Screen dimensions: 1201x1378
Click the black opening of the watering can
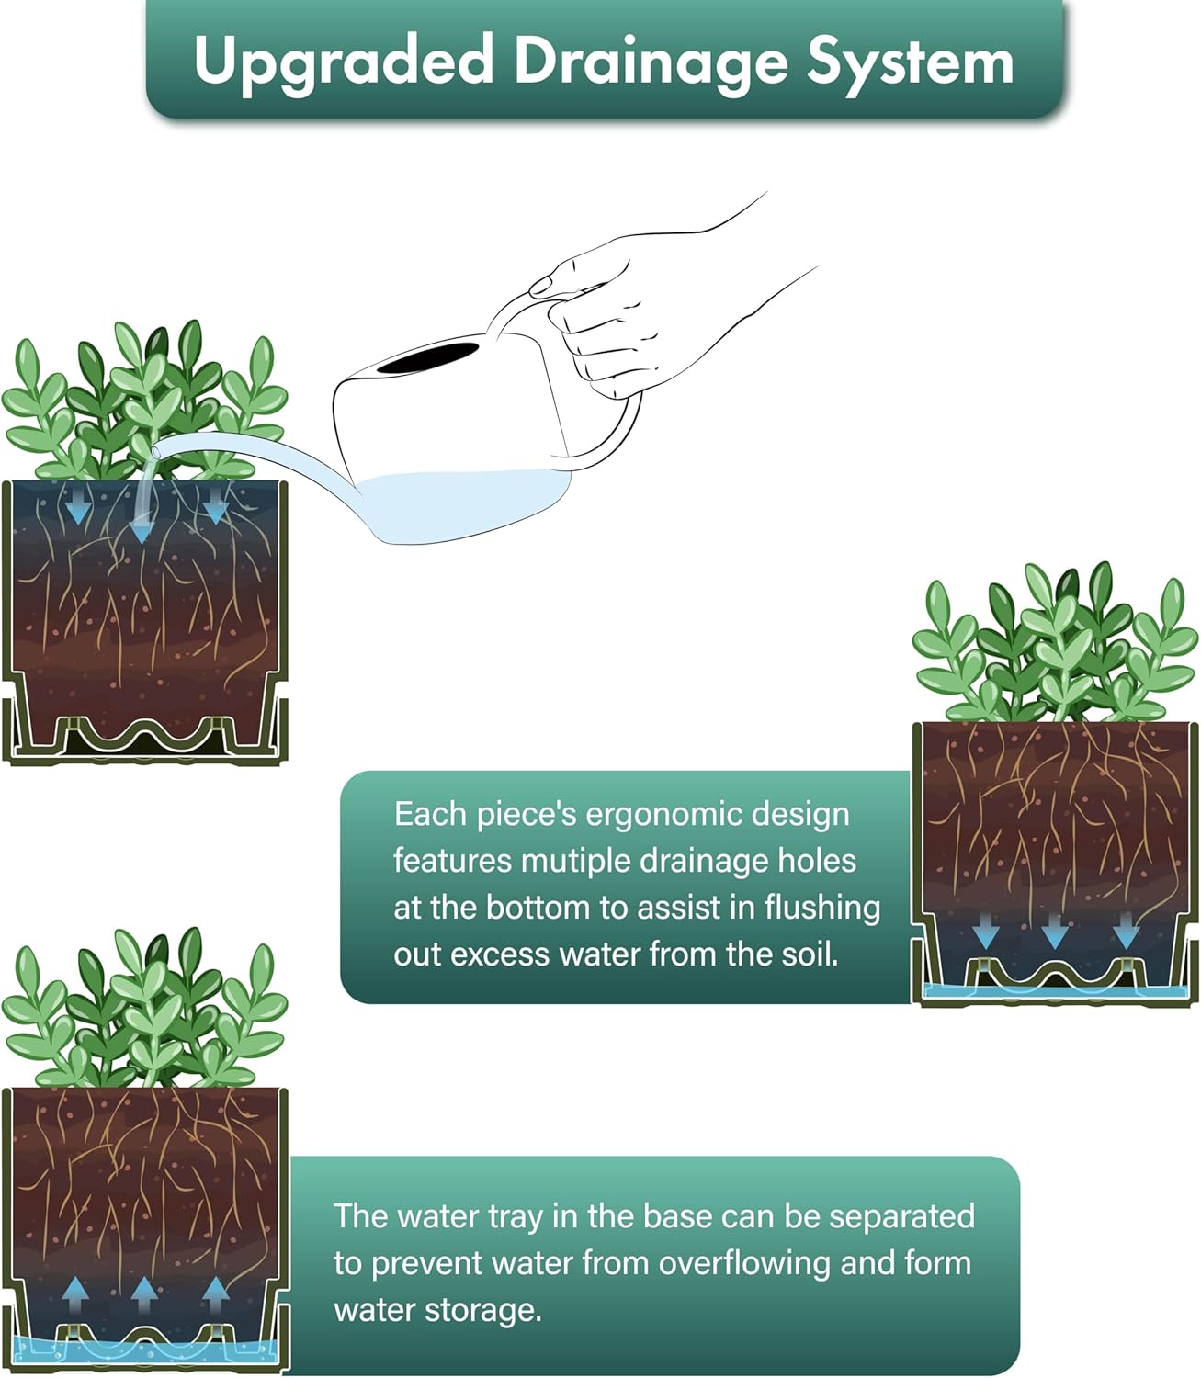427,357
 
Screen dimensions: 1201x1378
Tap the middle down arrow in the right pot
1054,931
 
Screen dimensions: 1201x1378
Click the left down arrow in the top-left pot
78,506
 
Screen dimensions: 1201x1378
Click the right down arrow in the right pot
1126,931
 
